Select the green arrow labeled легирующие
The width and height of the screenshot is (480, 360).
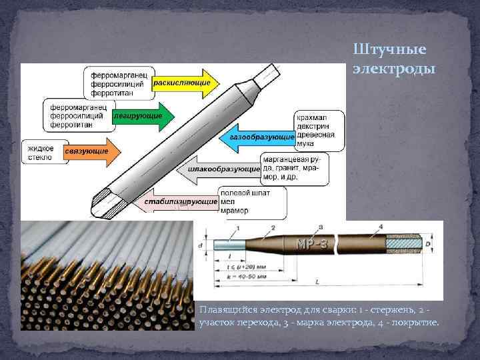143,116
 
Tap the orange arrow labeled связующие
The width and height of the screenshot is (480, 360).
90,152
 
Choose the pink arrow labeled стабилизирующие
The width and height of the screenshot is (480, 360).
183,201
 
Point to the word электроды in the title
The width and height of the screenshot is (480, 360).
393,69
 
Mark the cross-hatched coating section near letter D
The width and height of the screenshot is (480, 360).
403,243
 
